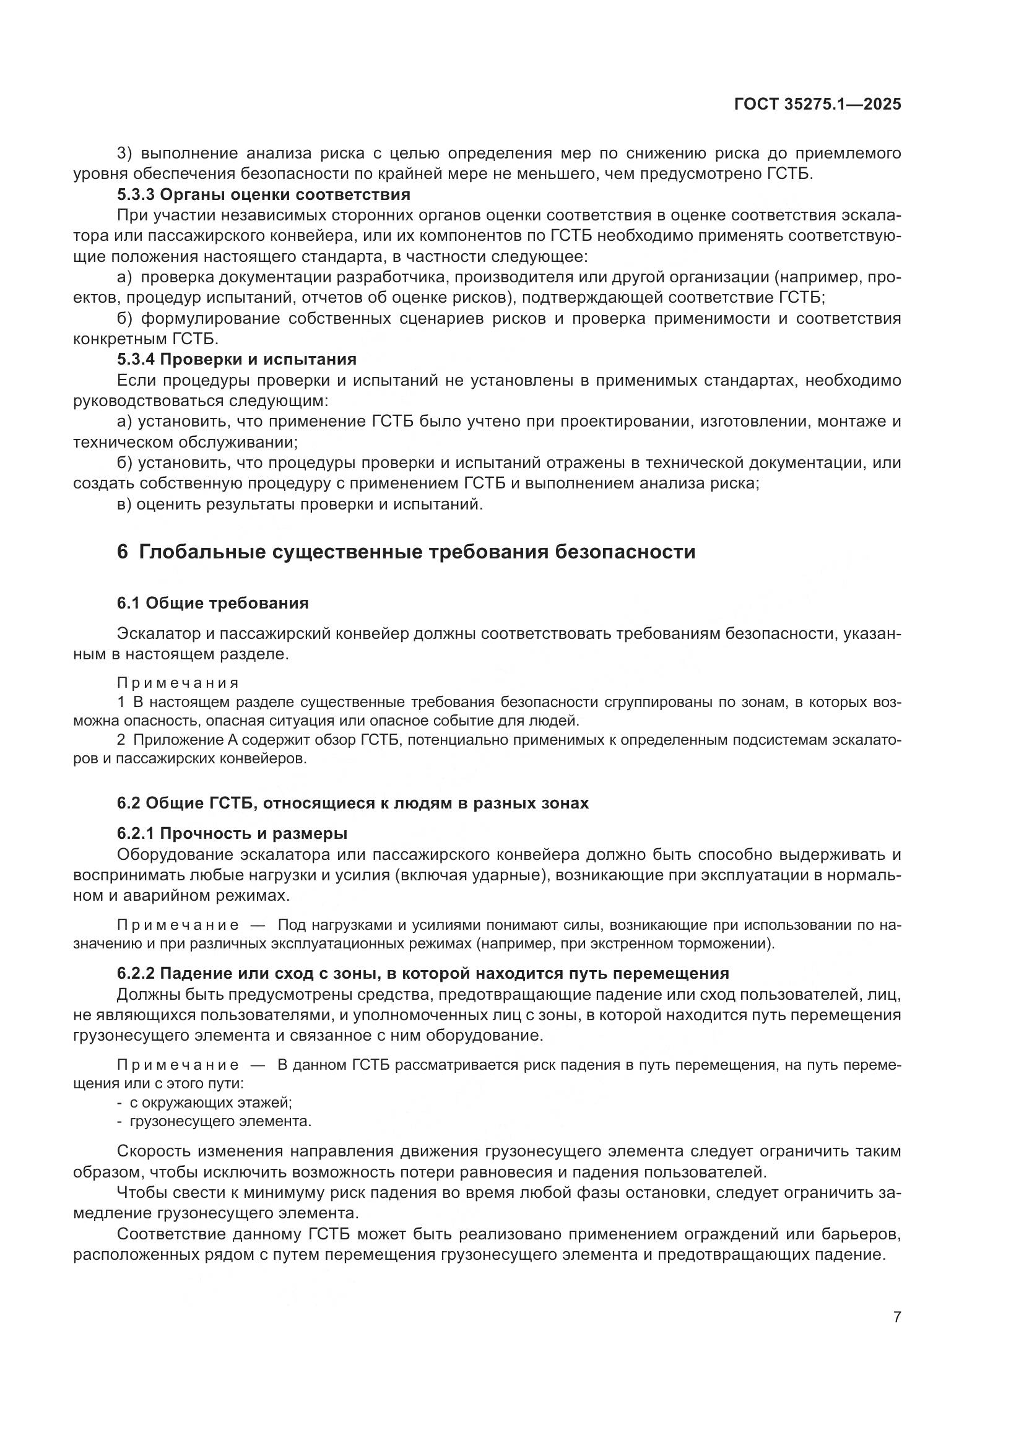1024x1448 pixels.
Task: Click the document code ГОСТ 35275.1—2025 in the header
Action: [x=817, y=105]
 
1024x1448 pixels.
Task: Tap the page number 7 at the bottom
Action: [x=897, y=1317]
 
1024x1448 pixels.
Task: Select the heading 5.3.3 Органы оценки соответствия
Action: [x=264, y=194]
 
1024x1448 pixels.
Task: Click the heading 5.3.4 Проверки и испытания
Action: [x=236, y=360]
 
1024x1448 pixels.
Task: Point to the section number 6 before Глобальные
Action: [x=123, y=552]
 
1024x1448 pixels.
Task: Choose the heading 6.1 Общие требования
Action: [x=212, y=603]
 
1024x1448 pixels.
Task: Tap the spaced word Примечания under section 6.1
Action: [x=178, y=683]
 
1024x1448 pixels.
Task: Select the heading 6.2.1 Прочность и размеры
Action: [x=232, y=833]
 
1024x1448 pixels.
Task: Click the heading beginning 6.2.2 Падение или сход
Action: [x=422, y=973]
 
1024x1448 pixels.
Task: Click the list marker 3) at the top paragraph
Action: [x=125, y=154]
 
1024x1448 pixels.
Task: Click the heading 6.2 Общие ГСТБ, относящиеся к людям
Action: [x=352, y=803]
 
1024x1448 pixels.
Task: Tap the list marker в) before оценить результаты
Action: [x=124, y=505]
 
